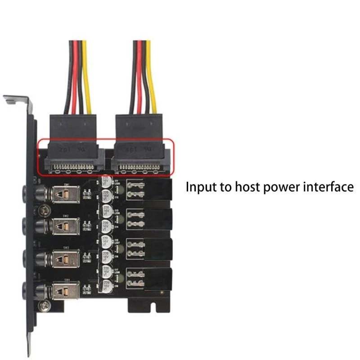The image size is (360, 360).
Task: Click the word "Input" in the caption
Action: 201,187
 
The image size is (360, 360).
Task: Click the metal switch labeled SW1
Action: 65,194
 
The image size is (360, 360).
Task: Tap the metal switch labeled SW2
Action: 65,225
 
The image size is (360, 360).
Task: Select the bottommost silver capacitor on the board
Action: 107,284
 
